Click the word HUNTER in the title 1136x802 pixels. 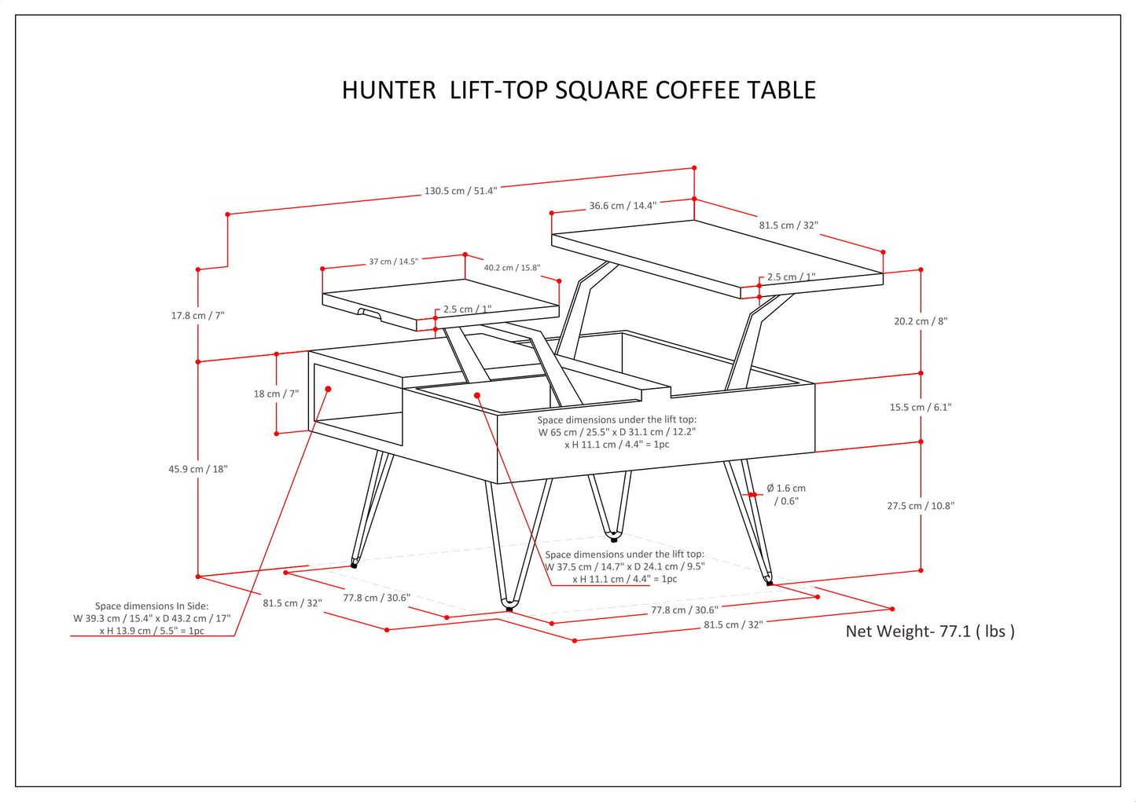(x=388, y=90)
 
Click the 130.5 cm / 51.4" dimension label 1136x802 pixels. (x=460, y=191)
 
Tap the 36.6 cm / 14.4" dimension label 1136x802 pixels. (x=623, y=206)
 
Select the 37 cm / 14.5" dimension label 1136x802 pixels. (x=393, y=262)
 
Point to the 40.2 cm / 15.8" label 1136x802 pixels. (x=512, y=268)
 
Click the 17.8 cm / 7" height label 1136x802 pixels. (x=197, y=316)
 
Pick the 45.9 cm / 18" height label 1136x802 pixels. (x=197, y=469)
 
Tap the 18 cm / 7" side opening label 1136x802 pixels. (x=276, y=394)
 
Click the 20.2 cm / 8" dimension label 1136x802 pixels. (x=921, y=321)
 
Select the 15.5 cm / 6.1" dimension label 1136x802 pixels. (x=921, y=407)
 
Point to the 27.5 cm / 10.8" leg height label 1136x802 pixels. (x=921, y=506)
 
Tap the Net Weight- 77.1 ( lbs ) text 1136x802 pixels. (x=930, y=631)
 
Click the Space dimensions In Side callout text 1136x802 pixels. (x=152, y=618)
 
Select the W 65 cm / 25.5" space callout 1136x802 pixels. (x=616, y=432)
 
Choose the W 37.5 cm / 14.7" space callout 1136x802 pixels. (x=624, y=566)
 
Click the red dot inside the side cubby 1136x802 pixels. (x=328, y=389)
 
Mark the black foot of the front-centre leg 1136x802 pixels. (x=509, y=608)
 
